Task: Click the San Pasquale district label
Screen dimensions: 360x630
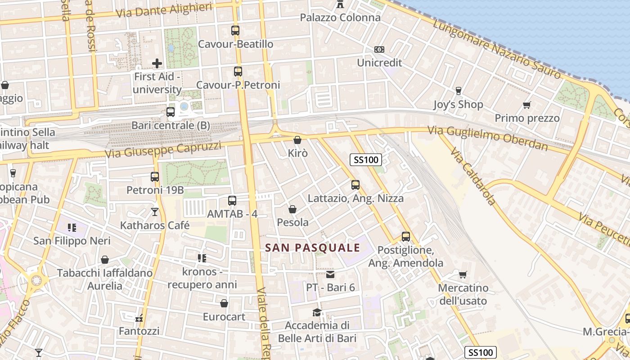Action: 313,247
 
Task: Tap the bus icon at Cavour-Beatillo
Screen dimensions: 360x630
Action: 235,31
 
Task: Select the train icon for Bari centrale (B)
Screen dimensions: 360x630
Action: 171,112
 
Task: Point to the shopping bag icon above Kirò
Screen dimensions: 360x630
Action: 297,140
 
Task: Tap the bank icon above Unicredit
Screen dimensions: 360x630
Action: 379,49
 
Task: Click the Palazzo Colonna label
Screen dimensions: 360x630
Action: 340,18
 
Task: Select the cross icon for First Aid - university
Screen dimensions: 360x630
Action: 157,63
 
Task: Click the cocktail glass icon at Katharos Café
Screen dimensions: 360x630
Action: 155,212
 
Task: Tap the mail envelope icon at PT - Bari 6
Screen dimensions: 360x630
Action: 331,274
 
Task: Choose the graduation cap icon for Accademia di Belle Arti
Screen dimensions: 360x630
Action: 317,312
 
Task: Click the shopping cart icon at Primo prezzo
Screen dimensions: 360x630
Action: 527,105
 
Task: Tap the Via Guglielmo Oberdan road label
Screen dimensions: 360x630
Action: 488,138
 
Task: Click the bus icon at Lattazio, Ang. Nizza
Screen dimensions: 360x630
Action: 355,185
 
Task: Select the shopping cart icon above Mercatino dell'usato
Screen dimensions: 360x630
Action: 463,274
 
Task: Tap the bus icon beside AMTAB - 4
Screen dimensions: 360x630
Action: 232,201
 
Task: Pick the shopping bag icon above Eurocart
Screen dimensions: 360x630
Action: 224,304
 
